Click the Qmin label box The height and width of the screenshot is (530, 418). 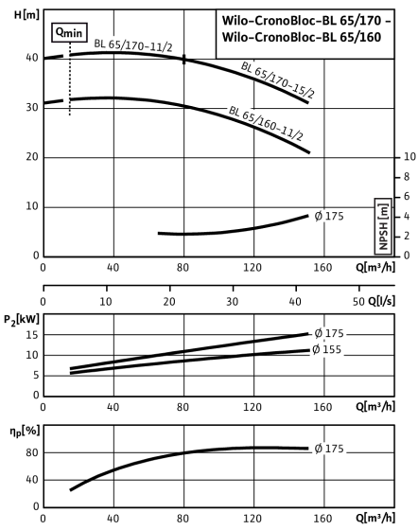pyautogui.click(x=69, y=32)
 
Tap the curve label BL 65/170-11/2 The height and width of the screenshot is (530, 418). pyautogui.click(x=133, y=45)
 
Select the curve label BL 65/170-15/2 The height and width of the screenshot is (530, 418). pyautogui.click(x=277, y=80)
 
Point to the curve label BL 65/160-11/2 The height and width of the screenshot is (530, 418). pyautogui.click(x=266, y=123)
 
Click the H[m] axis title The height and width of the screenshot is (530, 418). pyautogui.click(x=26, y=15)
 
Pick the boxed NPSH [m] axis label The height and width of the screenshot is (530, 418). pyautogui.click(x=383, y=226)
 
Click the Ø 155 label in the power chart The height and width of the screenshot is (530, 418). pyautogui.click(x=327, y=349)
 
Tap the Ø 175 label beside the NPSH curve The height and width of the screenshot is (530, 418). pyautogui.click(x=329, y=216)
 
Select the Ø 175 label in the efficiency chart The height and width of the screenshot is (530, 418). pyautogui.click(x=329, y=449)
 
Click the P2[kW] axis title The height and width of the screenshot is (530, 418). pyautogui.click(x=22, y=320)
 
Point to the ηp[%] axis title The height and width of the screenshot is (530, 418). pyautogui.click(x=25, y=432)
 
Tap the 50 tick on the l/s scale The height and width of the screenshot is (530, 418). pyautogui.click(x=358, y=302)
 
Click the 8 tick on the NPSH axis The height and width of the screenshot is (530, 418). pyautogui.click(x=407, y=176)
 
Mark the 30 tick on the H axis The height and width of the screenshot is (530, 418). pyautogui.click(x=32, y=108)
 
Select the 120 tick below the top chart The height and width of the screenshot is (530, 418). pyautogui.click(x=253, y=268)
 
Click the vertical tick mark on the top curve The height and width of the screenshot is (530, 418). pyautogui.click(x=184, y=59)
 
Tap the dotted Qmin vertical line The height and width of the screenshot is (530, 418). pyautogui.click(x=70, y=79)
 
